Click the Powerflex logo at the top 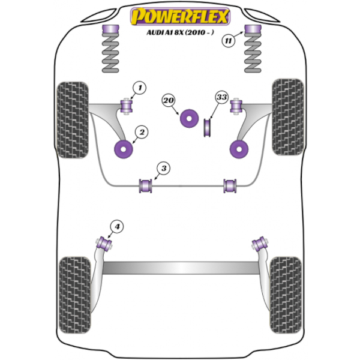[x=180, y=16]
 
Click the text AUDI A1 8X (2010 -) [x=180, y=32]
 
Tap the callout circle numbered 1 [x=140, y=88]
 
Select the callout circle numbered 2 [x=142, y=132]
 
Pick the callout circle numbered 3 [x=163, y=168]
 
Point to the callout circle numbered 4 [x=117, y=227]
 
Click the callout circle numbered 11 [x=229, y=41]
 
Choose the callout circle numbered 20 [x=169, y=100]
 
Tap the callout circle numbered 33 [x=222, y=97]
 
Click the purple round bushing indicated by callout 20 [x=189, y=118]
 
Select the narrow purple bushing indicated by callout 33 [x=208, y=128]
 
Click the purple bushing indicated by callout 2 [x=124, y=149]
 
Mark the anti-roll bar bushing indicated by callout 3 [x=146, y=186]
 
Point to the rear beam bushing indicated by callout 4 [x=104, y=244]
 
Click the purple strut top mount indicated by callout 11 [x=253, y=29]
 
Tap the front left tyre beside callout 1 [x=73, y=120]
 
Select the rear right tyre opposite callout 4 [x=286, y=295]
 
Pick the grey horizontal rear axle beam [x=181, y=268]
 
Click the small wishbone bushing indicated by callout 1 [x=127, y=107]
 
